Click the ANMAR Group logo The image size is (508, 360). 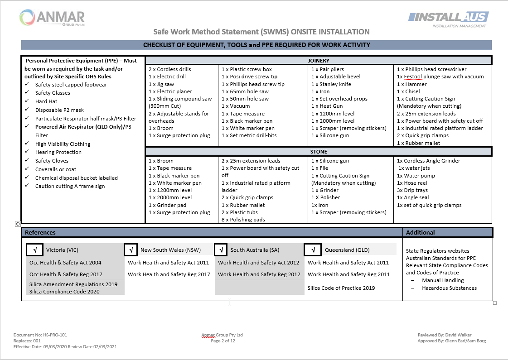52,18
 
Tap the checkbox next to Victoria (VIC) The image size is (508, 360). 35,250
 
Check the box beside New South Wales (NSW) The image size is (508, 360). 131,250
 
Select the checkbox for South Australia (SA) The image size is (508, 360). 221,250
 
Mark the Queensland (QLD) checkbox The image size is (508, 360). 313,250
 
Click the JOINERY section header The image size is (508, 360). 319,60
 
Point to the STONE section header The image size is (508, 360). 319,152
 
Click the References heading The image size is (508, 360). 40,232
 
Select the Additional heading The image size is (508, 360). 420,232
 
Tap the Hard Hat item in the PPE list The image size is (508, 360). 46,101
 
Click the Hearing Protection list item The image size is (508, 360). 58,152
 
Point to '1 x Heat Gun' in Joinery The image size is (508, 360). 328,106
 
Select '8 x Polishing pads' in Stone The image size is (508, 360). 243,220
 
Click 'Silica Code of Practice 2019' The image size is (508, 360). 341,288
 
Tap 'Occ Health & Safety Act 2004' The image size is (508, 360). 65,262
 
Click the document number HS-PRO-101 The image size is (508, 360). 40,335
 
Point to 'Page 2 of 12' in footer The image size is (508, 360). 223,341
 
